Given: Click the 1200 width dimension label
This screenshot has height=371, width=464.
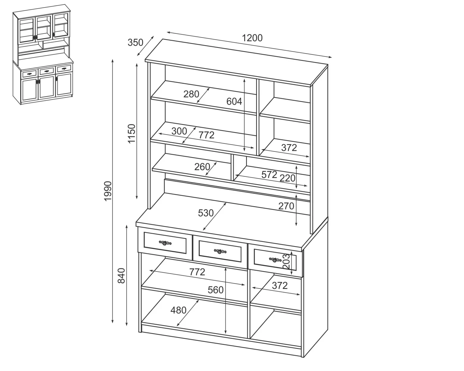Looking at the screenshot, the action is tap(252, 38).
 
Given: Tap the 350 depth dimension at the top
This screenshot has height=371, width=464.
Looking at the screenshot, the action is tap(135, 43).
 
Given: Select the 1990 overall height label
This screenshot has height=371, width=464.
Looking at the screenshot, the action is tap(108, 191).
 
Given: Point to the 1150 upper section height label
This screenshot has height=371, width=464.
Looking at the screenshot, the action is tap(131, 133).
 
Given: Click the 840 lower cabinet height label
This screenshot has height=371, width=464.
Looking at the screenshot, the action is tap(121, 276).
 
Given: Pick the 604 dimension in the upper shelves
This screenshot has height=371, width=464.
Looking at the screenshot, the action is tap(234, 101).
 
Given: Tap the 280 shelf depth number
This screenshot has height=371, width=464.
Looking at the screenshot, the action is tap(191, 94).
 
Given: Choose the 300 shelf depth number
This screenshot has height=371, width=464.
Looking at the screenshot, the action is tap(179, 131).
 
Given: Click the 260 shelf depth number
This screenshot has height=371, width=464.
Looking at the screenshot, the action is tap(202, 167).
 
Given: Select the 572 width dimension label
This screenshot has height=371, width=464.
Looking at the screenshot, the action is tap(269, 175).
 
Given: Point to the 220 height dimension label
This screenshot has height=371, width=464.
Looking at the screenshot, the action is tap(287, 178).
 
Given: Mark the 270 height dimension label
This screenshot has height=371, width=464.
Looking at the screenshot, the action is tap(286, 206).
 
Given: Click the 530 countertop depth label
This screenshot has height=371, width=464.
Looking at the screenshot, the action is tap(206, 213).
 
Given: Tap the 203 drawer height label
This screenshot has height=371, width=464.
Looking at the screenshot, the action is tap(286, 261).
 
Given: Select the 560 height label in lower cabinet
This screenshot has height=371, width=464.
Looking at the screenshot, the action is tap(215, 290).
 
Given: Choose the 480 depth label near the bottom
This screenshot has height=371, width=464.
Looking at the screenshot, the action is tap(178, 310).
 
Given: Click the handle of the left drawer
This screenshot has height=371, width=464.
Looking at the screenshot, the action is tap(165, 243).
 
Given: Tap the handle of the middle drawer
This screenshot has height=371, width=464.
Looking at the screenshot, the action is tap(220, 251).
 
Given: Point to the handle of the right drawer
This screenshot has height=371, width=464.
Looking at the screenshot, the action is tap(275, 260).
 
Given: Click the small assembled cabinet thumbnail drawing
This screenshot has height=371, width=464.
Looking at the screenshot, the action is tap(43, 54).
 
